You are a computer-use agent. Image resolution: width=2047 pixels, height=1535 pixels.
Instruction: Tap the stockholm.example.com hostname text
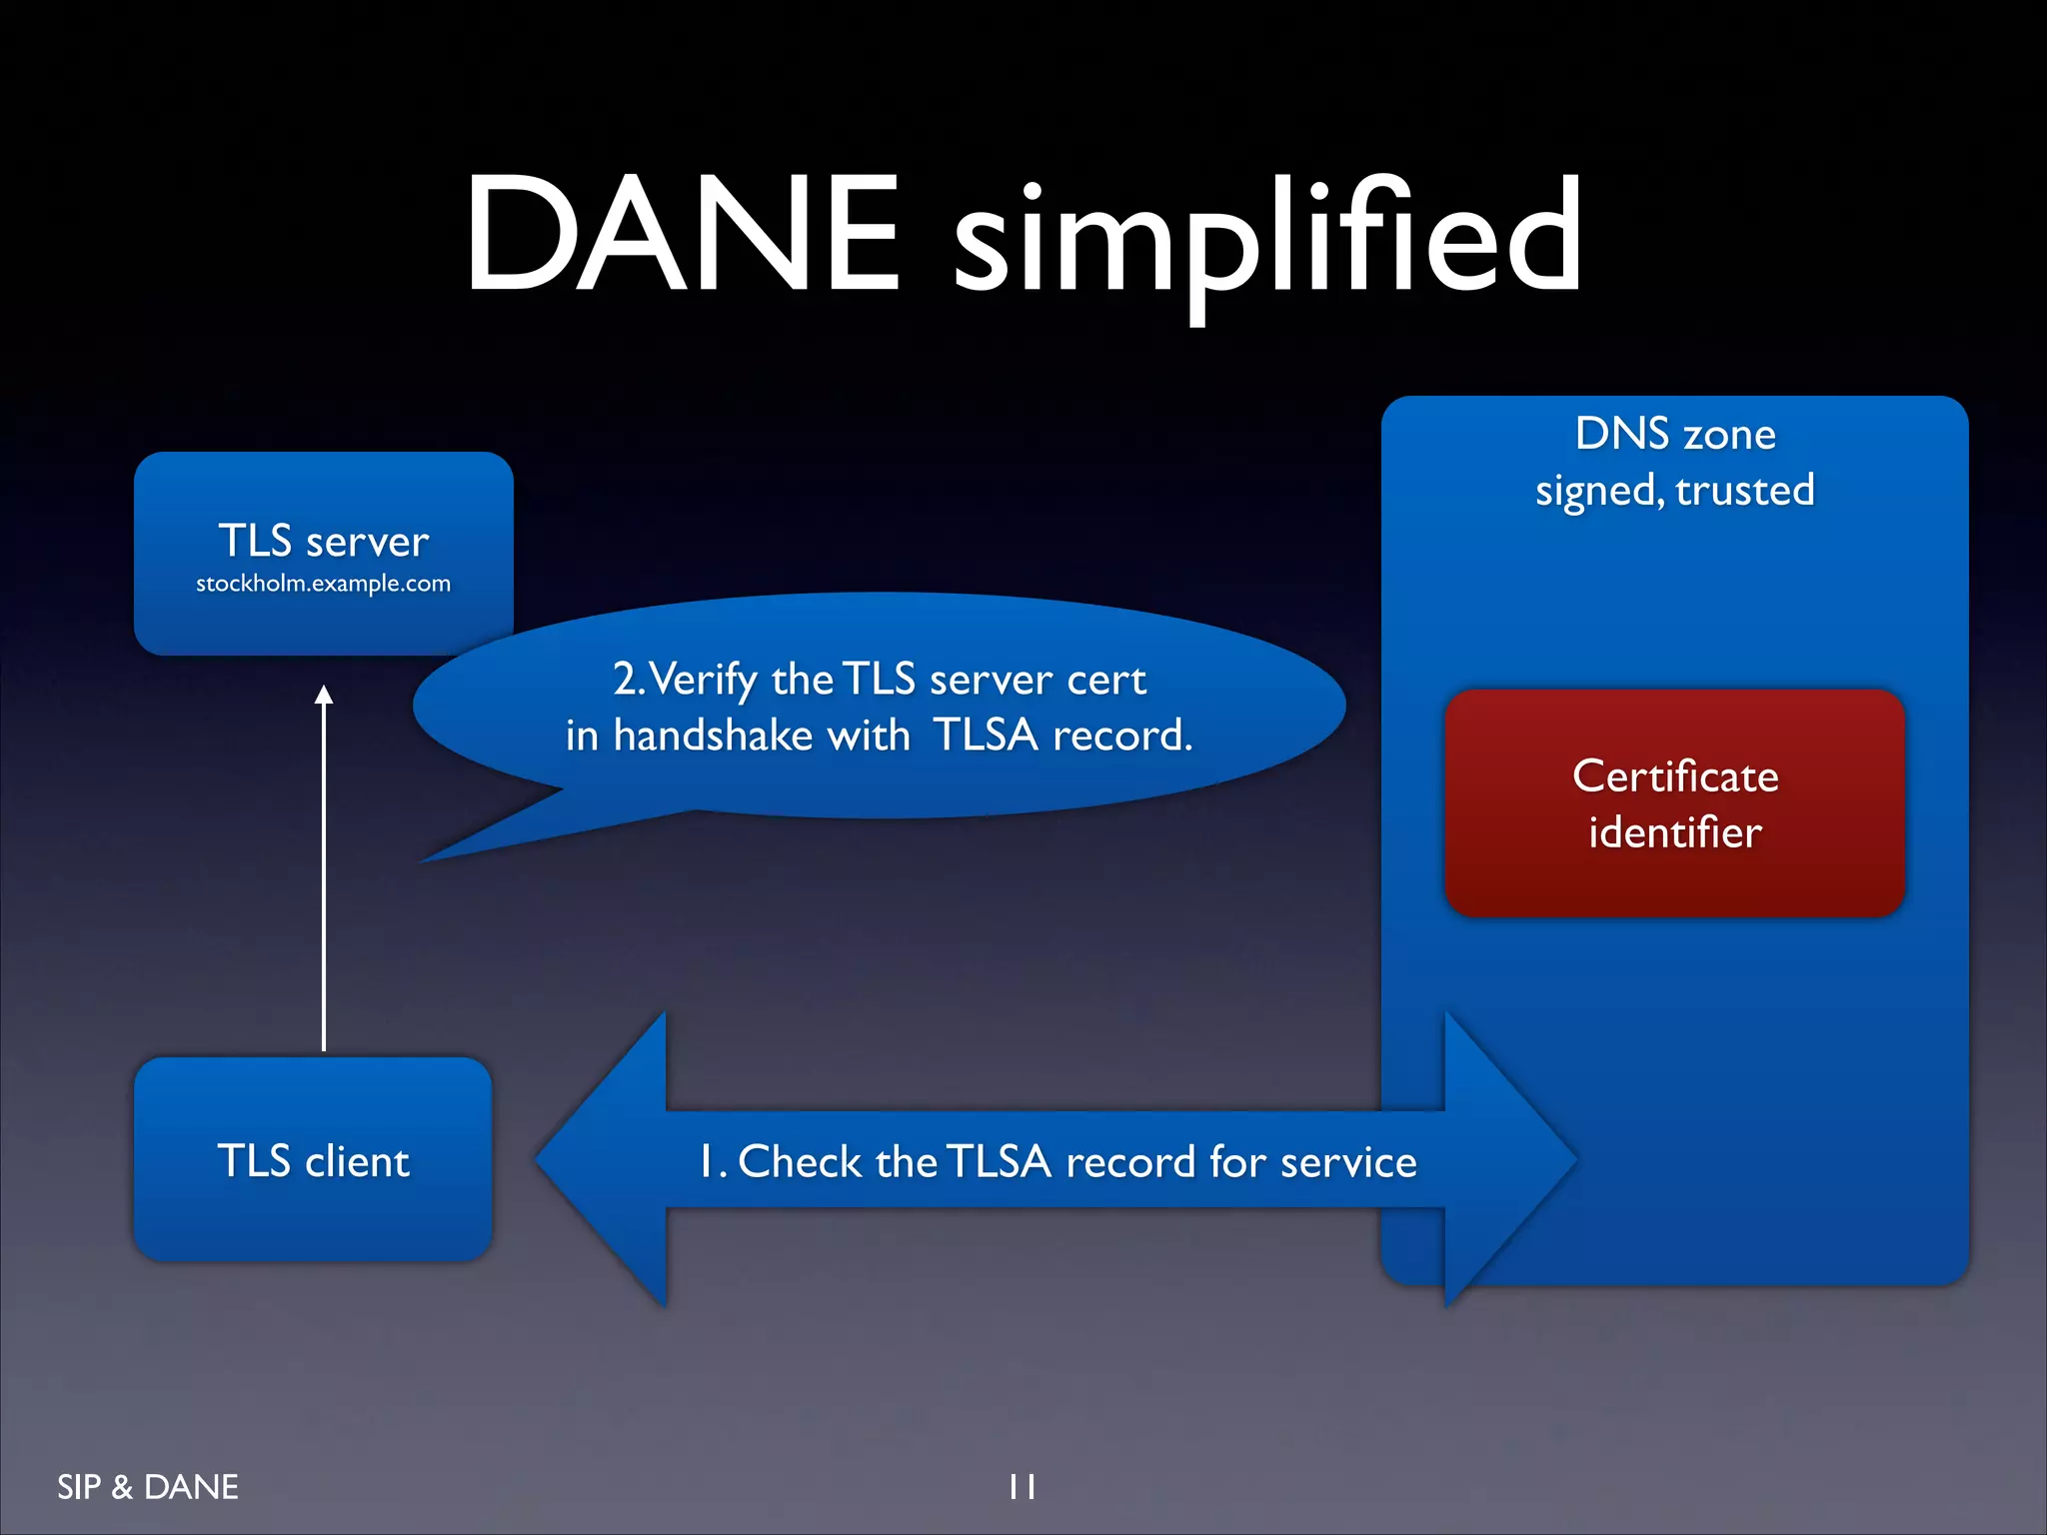click(x=323, y=584)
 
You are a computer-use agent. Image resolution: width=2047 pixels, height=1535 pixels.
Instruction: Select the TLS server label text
click(x=323, y=541)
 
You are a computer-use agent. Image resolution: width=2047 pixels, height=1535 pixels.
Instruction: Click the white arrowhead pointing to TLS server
click(x=324, y=696)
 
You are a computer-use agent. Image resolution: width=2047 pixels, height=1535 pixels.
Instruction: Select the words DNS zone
click(x=1675, y=434)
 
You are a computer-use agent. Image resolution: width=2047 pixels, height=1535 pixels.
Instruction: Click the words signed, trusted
click(x=1675, y=491)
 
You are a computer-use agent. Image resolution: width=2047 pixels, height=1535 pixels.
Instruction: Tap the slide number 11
click(x=1022, y=1487)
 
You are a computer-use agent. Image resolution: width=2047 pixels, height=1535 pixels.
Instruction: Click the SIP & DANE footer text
click(x=148, y=1487)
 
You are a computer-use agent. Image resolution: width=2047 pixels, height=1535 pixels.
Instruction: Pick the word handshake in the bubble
click(x=713, y=736)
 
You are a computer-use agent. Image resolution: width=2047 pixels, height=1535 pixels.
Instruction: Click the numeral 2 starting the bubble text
click(x=626, y=680)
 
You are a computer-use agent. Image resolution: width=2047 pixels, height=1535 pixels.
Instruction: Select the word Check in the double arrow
click(x=800, y=1161)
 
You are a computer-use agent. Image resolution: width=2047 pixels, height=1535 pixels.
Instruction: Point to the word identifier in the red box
click(x=1675, y=832)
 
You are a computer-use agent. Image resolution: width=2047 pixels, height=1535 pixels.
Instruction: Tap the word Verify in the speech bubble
click(x=705, y=681)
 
